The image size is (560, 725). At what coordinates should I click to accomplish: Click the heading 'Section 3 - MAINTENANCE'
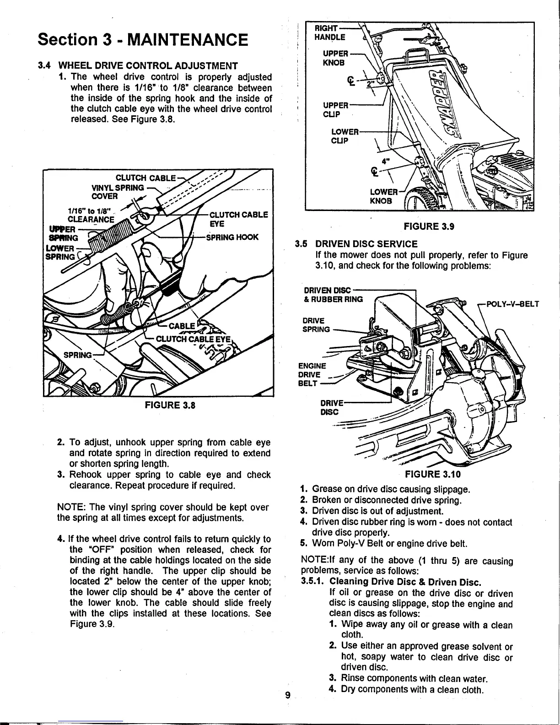coord(143,40)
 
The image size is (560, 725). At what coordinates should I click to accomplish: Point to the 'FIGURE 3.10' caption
coord(432,473)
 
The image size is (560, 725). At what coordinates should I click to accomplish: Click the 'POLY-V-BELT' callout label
coord(512,304)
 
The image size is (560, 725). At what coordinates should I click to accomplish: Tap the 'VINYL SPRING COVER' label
coord(118,192)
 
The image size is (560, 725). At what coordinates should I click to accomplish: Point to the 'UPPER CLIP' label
coord(336,109)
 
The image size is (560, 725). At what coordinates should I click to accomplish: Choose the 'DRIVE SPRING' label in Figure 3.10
coord(315,325)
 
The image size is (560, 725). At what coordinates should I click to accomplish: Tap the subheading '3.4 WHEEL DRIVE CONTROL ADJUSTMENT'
coord(137,65)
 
